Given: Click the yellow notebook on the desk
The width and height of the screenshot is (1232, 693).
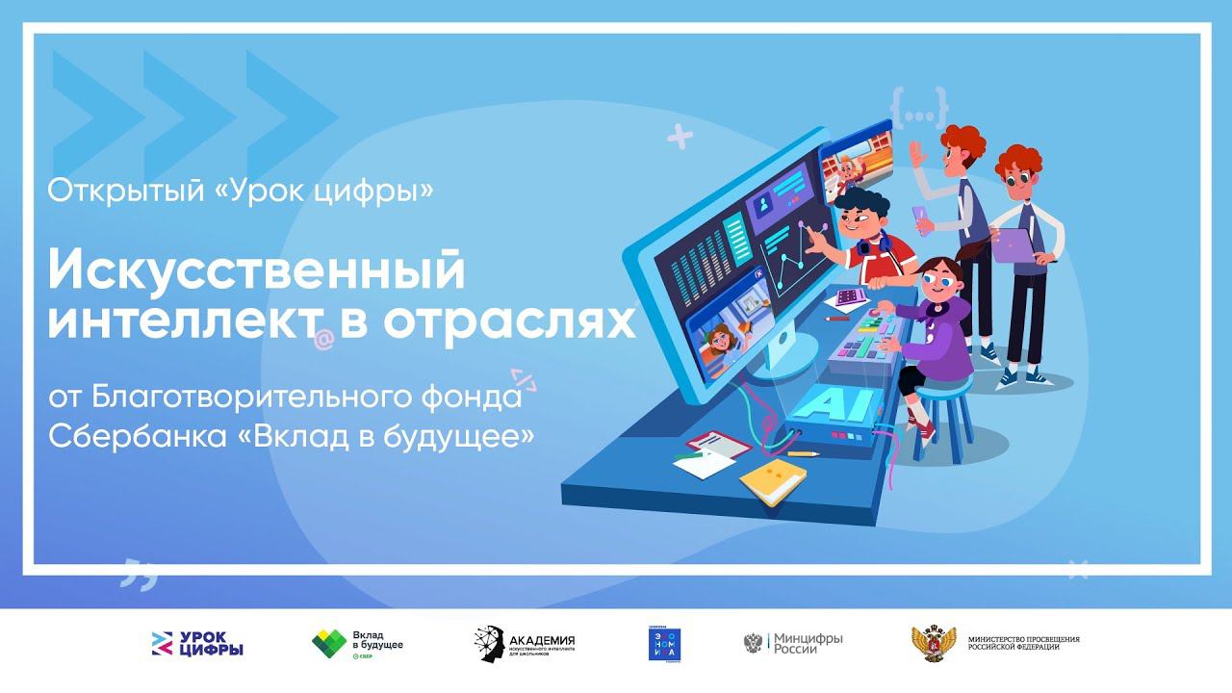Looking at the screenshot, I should click(x=773, y=479).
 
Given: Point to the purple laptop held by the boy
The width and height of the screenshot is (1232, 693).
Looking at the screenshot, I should click(x=1014, y=245).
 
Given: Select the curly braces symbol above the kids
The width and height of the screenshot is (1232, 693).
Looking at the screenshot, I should click(x=918, y=107).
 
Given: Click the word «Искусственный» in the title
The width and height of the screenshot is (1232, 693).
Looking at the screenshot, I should click(x=256, y=271).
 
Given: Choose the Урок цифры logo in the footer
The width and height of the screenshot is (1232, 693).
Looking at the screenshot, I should click(x=197, y=644).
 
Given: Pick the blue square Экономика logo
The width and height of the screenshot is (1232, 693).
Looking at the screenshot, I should click(x=664, y=644).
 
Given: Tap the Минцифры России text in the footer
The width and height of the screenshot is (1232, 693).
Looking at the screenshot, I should click(x=808, y=643).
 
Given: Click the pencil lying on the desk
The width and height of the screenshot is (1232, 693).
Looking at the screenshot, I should click(x=803, y=452).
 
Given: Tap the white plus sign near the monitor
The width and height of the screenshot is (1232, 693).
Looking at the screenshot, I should click(x=680, y=138).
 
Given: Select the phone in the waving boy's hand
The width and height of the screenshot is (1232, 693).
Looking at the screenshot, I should click(x=918, y=218).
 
